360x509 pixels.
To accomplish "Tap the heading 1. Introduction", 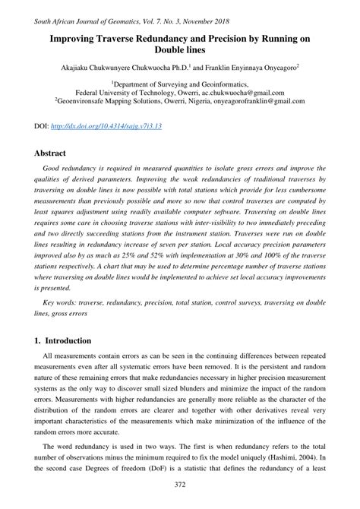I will coord(62,340).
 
